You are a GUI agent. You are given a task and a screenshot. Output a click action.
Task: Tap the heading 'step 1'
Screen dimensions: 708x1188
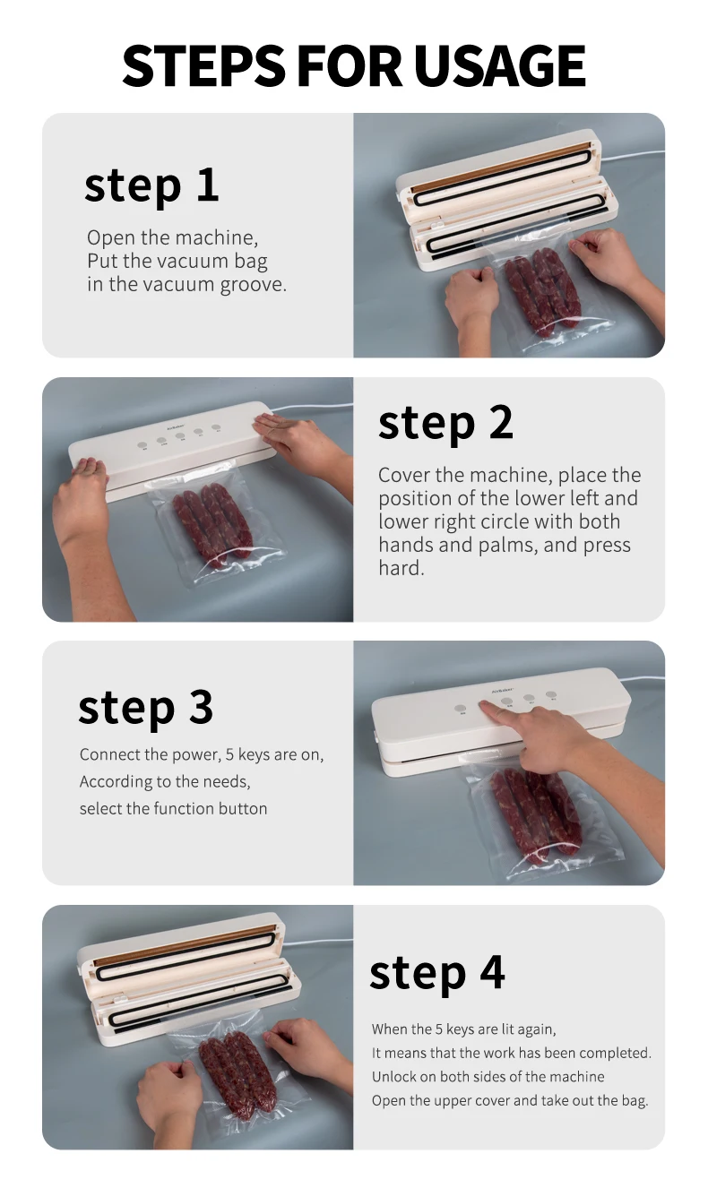(151, 185)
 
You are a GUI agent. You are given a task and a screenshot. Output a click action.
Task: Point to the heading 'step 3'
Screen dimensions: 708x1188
(145, 708)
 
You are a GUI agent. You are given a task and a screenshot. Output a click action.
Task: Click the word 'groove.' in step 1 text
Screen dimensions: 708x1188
(253, 285)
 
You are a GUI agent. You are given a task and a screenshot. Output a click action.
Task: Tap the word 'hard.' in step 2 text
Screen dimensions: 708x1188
(401, 568)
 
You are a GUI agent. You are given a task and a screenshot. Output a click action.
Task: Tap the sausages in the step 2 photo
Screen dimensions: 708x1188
(213, 524)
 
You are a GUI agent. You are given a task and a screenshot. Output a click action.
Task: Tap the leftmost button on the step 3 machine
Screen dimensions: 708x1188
(461, 709)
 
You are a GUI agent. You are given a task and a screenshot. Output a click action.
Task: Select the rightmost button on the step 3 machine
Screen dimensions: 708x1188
(551, 694)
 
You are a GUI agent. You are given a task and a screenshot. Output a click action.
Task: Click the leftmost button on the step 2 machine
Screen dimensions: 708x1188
(142, 445)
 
